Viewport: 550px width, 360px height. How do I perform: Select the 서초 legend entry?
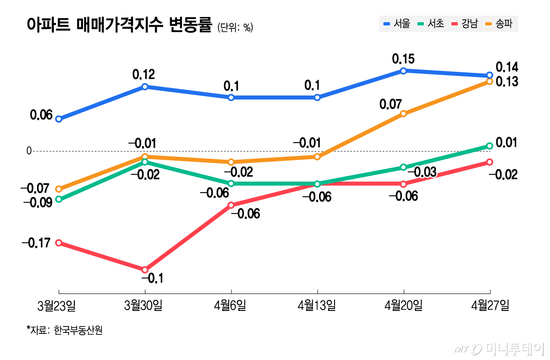tap(431, 24)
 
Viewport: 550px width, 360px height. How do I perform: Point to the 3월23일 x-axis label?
tap(58, 305)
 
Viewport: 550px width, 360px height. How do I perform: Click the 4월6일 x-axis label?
tap(231, 305)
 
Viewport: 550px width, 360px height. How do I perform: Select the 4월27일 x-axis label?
tap(490, 305)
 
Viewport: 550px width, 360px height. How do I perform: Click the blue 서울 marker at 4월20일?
tap(403, 71)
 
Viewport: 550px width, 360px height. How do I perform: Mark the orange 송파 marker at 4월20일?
tap(403, 114)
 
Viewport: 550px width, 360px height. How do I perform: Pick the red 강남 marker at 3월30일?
tap(145, 270)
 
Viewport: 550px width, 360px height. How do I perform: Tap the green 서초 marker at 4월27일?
tap(489, 146)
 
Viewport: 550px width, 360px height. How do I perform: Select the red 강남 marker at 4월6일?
tap(231, 205)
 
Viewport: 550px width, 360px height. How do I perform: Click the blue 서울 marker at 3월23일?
tap(59, 119)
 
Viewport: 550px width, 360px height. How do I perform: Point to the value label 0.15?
tap(403, 59)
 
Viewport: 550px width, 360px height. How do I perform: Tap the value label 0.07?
tap(390, 104)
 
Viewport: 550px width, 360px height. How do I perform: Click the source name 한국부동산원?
tap(78, 330)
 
